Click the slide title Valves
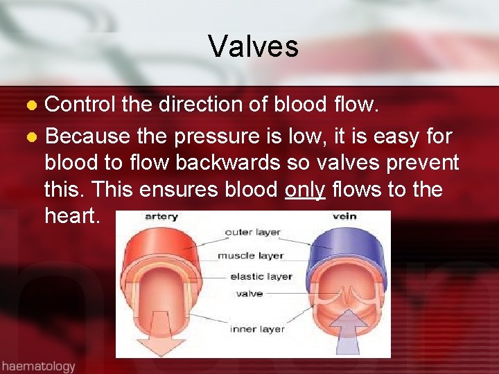coord(253,46)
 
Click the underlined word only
coord(306,190)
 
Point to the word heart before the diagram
coord(73,217)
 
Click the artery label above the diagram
coord(161,217)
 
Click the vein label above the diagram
coord(344,216)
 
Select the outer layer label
coord(254,232)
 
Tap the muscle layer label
coord(251,255)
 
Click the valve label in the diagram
coord(249,294)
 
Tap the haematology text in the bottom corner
coord(39,366)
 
